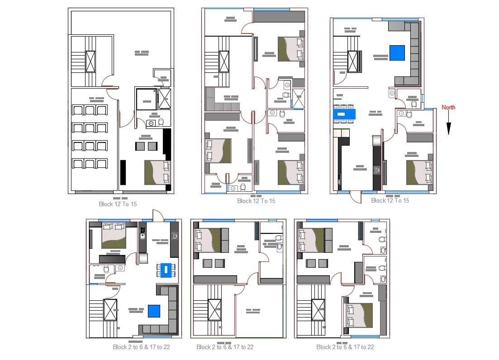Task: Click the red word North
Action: coord(448,107)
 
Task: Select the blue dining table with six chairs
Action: coord(344,114)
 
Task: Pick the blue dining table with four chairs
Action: coord(166,270)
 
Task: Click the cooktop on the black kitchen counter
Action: coord(377,171)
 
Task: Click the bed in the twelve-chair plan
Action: coord(157,172)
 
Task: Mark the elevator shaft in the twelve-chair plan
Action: coord(91,62)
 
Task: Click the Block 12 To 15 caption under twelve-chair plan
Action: coord(118,204)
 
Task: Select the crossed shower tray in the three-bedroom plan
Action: coord(298,99)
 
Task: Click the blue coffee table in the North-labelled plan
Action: coord(397,53)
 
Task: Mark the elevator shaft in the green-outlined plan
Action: coord(215,310)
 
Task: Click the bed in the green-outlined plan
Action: coord(208,240)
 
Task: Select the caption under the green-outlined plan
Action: coord(225,347)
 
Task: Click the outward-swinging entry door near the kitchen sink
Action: coord(157,216)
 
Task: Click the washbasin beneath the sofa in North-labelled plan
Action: coord(392,93)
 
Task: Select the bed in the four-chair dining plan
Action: coord(113,236)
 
